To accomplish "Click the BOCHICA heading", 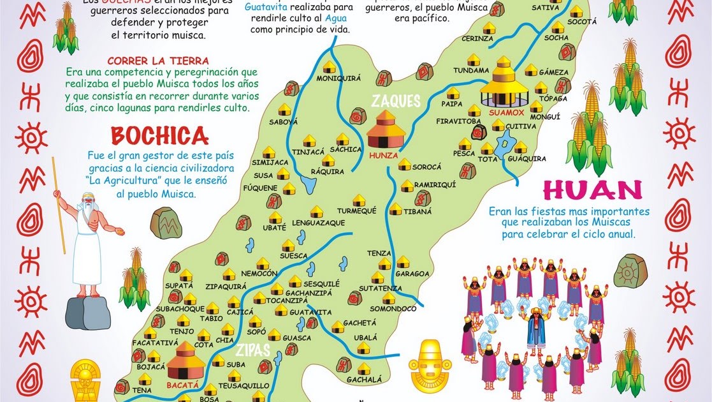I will [x=159, y=135].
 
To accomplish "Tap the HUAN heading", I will [x=592, y=190].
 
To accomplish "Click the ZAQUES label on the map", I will [x=396, y=101].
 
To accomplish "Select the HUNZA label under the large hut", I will [x=384, y=155].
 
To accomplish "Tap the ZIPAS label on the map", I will [x=253, y=350].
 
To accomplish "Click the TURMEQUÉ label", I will [x=356, y=211].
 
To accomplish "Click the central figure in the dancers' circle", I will [x=535, y=329].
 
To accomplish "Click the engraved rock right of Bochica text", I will [x=166, y=223].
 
